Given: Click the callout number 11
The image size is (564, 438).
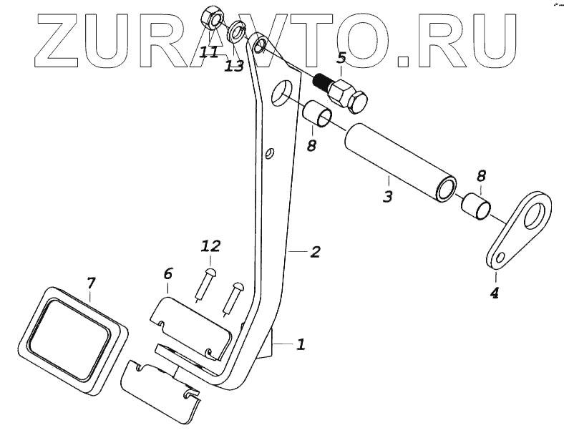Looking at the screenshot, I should [209, 52].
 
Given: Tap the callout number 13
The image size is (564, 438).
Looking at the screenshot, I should [234, 65].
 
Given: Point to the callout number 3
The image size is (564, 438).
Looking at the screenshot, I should [387, 195].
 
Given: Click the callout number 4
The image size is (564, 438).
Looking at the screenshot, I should [494, 292].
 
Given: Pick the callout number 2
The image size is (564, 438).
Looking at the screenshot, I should [314, 252].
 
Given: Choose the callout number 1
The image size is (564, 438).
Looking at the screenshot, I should [301, 345].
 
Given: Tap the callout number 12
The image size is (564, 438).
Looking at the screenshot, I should [210, 246].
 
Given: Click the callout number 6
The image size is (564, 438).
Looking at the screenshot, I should [168, 273].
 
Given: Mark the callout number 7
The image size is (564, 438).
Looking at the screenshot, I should [91, 283].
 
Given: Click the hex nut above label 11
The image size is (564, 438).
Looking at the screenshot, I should [213, 16].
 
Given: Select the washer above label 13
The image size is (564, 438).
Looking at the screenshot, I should [236, 32].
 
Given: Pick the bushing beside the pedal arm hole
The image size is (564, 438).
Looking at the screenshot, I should [318, 114].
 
